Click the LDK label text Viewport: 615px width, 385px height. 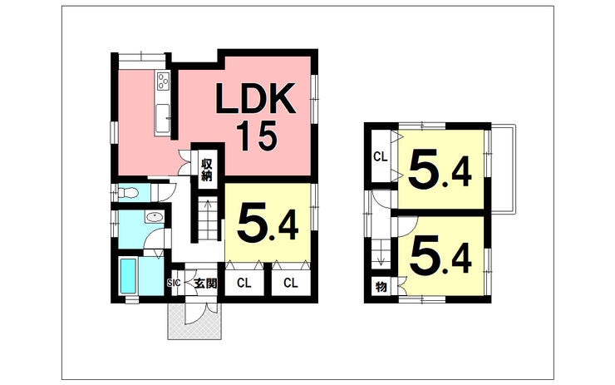click(255, 98)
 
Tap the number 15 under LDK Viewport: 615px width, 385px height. click(257, 136)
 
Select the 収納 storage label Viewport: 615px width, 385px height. click(206, 170)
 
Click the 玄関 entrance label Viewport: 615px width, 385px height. click(205, 283)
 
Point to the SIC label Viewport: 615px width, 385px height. click(174, 282)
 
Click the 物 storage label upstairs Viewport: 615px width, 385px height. click(381, 287)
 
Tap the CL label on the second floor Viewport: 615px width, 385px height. click(380, 157)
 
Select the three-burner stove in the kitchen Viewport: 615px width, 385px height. click(163, 81)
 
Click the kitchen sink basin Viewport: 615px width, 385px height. click(163, 119)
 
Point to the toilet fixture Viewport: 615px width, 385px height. click(129, 193)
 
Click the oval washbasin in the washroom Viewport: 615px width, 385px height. click(154, 217)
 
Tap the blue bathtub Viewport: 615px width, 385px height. click(127, 275)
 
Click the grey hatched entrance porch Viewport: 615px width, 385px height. click(195, 320)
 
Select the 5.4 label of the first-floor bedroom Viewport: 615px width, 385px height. click(268, 224)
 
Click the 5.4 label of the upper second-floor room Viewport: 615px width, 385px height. click(440, 170)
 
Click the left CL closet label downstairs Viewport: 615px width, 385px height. click(244, 283)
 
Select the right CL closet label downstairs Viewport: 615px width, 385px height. click(291, 283)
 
